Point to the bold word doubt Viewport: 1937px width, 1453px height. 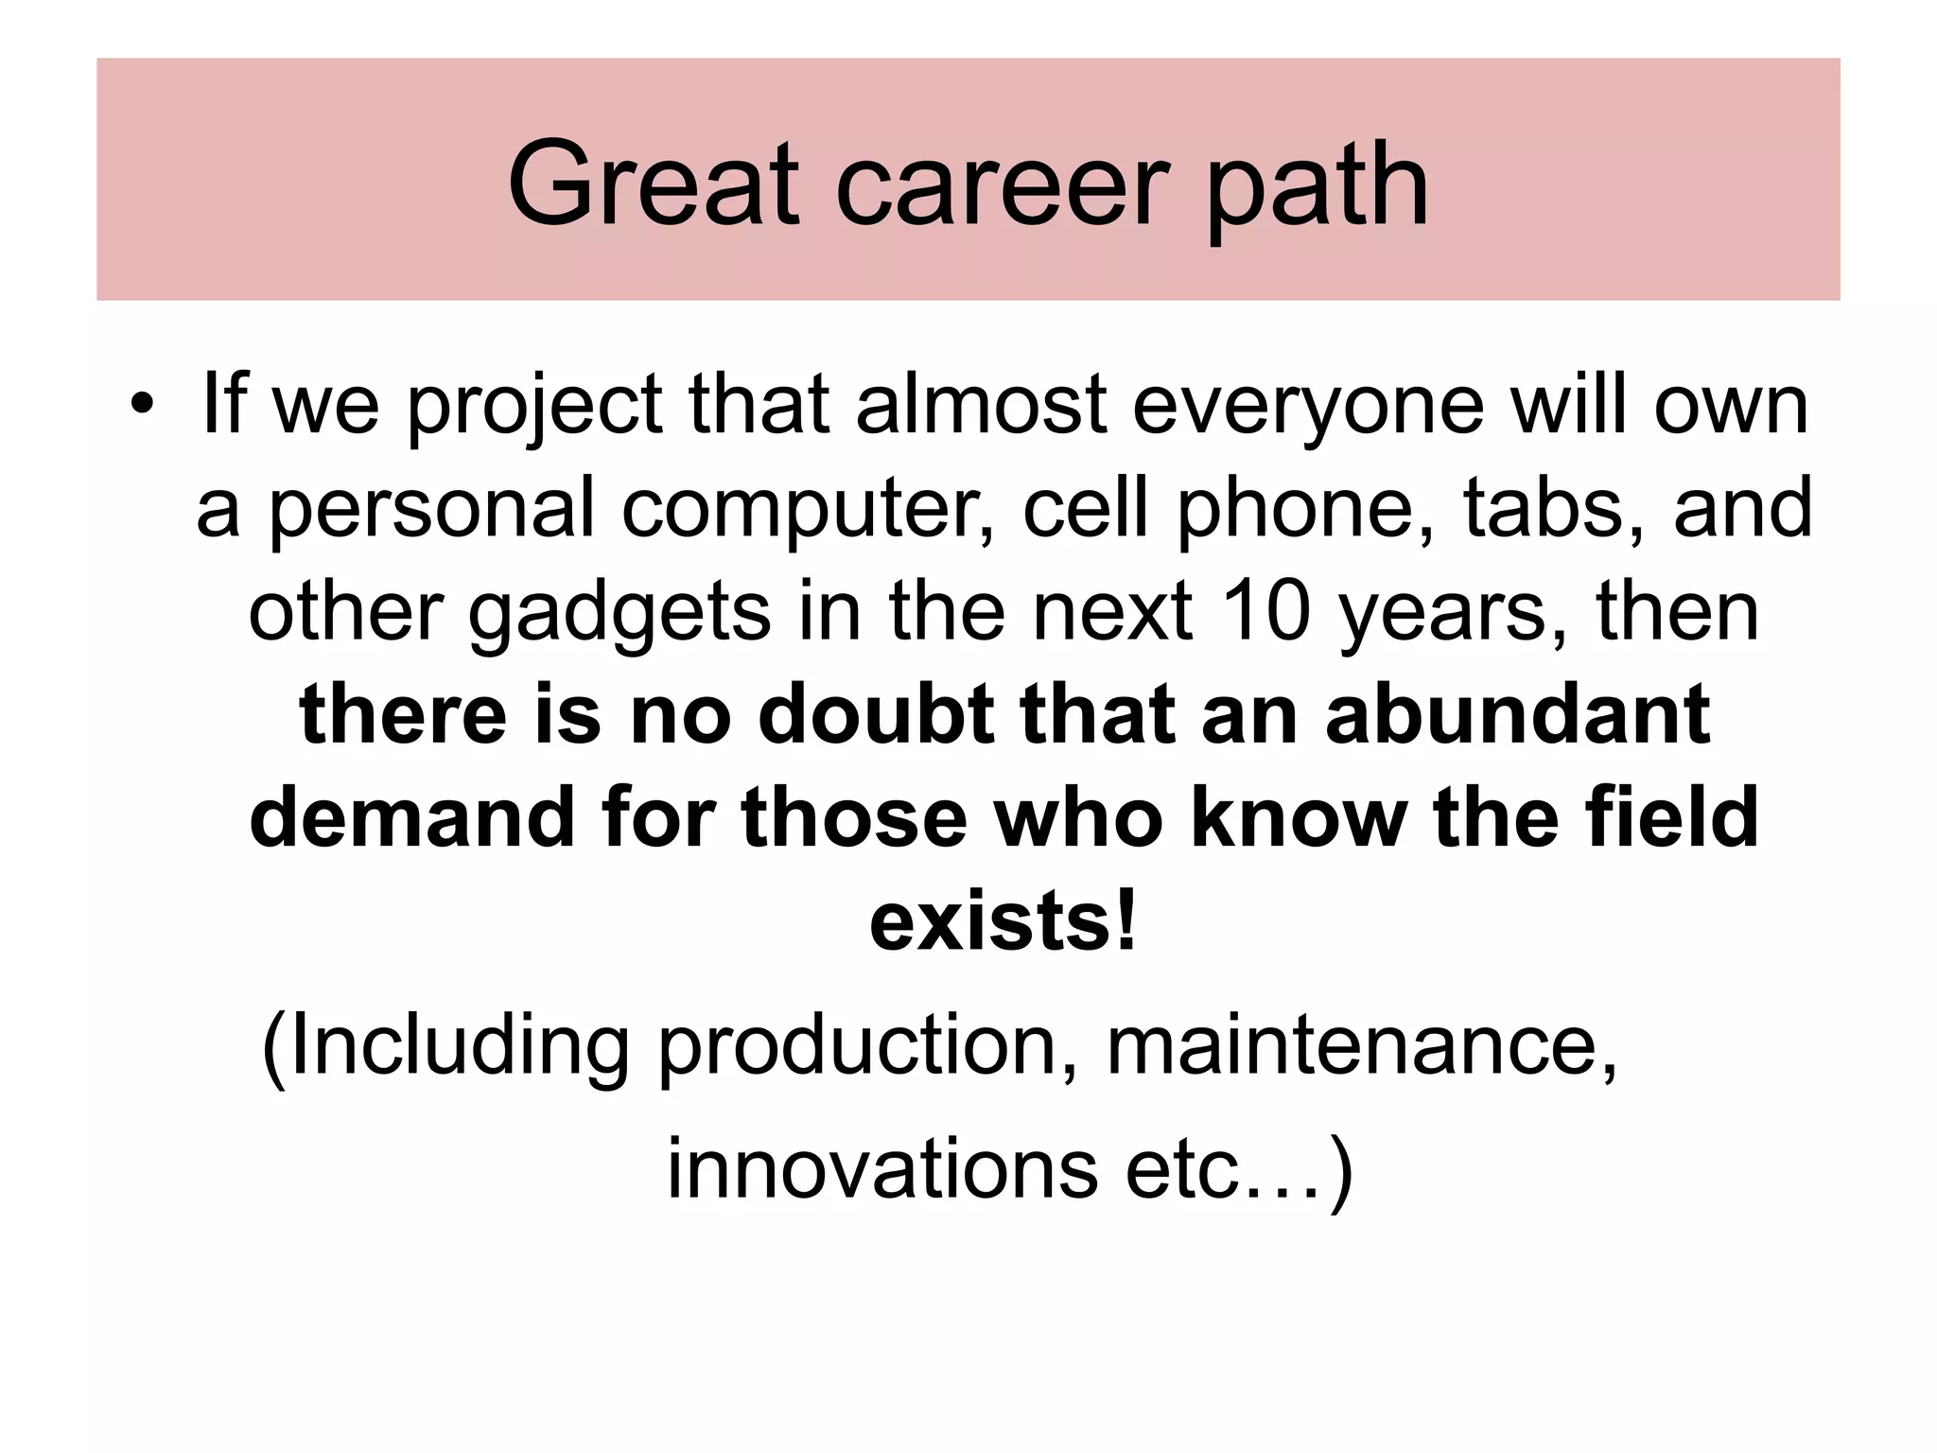[875, 714]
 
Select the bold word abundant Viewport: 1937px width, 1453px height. [1517, 714]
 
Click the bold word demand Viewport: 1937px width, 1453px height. [411, 816]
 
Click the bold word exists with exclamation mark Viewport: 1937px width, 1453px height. [1003, 920]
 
